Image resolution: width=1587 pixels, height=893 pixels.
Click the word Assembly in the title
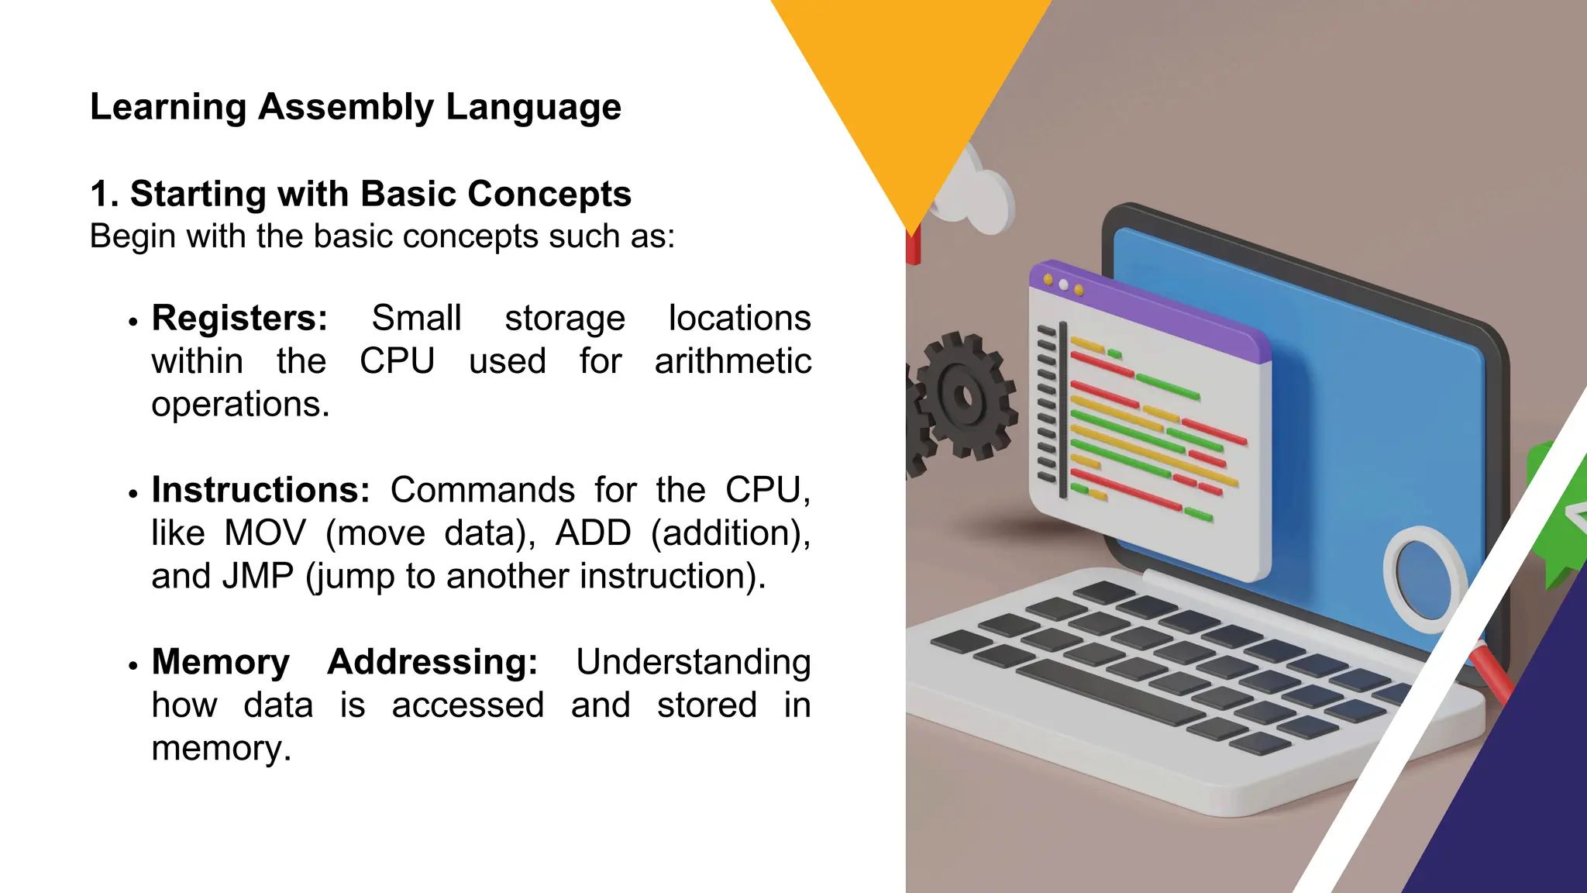(346, 108)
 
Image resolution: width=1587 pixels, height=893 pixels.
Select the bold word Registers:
(239, 319)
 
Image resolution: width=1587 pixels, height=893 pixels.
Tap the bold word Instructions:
(260, 491)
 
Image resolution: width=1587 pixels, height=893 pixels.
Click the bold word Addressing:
(432, 663)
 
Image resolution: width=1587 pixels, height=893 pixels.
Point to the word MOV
(265, 533)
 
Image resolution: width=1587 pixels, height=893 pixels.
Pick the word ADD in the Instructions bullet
(593, 533)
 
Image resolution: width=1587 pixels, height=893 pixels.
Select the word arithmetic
(732, 362)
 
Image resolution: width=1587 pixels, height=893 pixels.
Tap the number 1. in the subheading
(104, 194)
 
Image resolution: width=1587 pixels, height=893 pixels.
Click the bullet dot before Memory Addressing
(133, 666)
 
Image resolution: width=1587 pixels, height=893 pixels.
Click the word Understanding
(693, 663)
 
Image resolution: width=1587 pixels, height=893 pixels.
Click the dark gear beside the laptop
(964, 397)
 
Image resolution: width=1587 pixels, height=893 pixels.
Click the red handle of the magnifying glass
(1492, 672)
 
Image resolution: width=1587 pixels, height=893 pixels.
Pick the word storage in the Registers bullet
(565, 319)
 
